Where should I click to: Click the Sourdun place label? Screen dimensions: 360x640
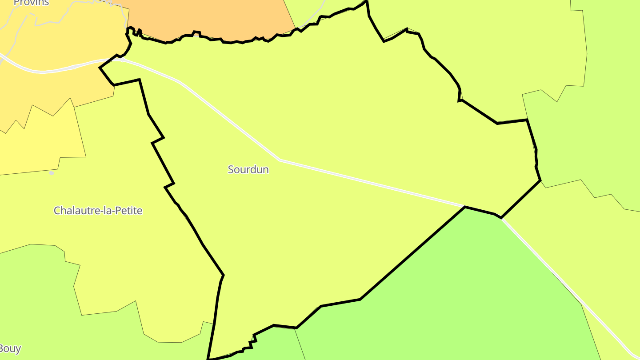tap(248, 169)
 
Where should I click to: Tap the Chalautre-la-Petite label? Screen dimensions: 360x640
tap(98, 210)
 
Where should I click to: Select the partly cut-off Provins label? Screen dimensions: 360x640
tap(31, 3)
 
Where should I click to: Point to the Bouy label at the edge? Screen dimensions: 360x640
tap(10, 348)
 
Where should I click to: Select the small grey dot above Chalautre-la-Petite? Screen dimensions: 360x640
tap(52, 173)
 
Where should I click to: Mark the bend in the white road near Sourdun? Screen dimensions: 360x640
tap(280, 160)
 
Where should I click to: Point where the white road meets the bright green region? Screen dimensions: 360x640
tap(465, 207)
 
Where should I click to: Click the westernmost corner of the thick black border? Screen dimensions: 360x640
tap(100, 68)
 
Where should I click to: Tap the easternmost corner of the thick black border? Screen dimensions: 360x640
tap(540, 180)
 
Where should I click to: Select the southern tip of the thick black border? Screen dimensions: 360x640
tap(208, 359)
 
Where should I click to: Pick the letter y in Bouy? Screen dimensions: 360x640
tap(18, 349)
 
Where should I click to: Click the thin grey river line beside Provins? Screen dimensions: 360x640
tap(18, 31)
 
